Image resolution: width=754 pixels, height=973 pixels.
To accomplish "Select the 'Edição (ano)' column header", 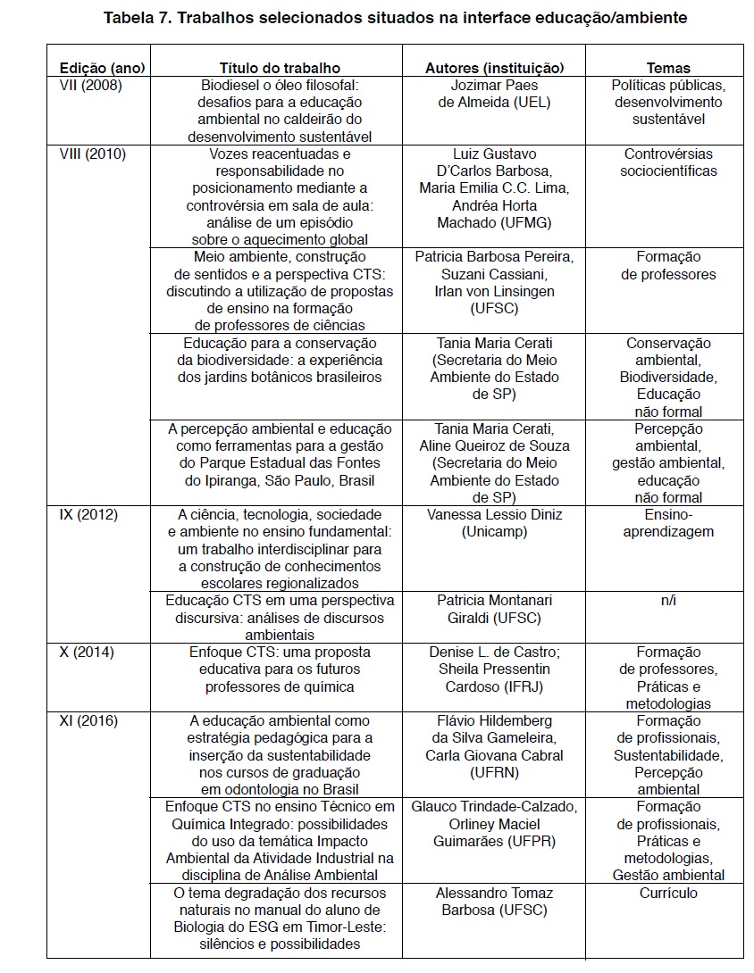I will point(102,68).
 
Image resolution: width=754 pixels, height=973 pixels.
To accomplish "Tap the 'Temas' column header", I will point(668,68).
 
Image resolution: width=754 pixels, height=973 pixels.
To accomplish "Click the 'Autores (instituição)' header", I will point(494,68).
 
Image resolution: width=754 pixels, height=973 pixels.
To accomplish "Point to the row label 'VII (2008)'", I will point(90,86).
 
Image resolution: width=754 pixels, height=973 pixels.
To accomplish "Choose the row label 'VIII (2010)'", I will point(93,154).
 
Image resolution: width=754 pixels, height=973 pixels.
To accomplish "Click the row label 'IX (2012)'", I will point(88,515).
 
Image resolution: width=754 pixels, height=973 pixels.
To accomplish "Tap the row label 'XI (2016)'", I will point(89,721).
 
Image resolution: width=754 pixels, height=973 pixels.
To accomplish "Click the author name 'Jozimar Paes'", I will point(494,86).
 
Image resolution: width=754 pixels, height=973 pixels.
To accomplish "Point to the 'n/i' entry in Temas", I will point(667,601).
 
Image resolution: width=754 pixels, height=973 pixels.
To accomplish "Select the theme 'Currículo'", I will point(668,894).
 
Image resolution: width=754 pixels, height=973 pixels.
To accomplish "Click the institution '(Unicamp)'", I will point(494,532).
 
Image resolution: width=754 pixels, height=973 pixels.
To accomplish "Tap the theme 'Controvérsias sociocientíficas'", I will point(668,162).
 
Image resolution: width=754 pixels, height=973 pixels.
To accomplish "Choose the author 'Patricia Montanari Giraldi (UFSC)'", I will point(494,610).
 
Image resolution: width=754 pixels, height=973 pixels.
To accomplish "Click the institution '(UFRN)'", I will point(494,772).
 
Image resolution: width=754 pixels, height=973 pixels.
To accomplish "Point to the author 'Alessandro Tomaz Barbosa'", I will point(494,894).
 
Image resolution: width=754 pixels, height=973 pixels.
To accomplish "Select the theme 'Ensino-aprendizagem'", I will point(668,523).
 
